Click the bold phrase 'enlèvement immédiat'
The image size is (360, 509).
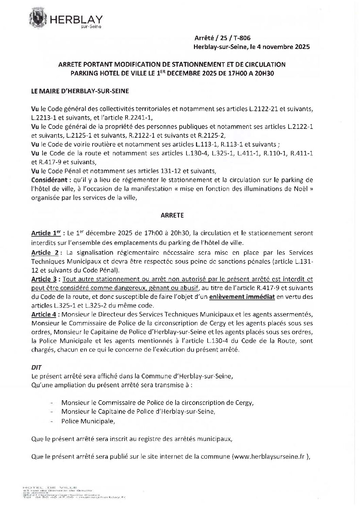242,297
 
